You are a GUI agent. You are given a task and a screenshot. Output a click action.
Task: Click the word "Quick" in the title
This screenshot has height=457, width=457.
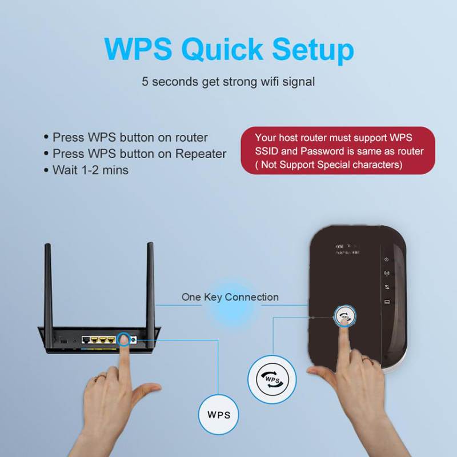click(x=222, y=50)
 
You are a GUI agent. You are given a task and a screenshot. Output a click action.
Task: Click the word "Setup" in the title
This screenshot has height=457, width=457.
click(x=313, y=50)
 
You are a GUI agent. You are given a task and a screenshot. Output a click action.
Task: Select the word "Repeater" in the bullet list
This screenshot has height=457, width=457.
click(x=201, y=154)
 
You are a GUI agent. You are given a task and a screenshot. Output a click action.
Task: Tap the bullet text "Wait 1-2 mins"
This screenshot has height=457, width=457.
click(x=90, y=170)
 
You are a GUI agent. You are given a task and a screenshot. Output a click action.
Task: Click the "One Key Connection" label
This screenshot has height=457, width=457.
click(x=230, y=297)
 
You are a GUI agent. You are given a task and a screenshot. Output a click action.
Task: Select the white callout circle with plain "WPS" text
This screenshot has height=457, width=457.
click(x=219, y=415)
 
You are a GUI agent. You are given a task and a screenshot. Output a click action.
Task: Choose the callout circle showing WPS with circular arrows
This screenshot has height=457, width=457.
click(x=272, y=379)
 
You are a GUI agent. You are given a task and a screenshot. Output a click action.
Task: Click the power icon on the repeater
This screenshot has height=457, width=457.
click(x=387, y=259)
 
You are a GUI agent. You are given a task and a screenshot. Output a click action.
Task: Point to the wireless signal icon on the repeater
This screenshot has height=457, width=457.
click(x=387, y=274)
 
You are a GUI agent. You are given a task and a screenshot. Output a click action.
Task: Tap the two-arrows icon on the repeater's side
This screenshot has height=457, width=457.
click(x=387, y=287)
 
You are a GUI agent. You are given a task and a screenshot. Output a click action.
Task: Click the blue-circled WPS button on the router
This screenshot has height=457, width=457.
click(x=124, y=339)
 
